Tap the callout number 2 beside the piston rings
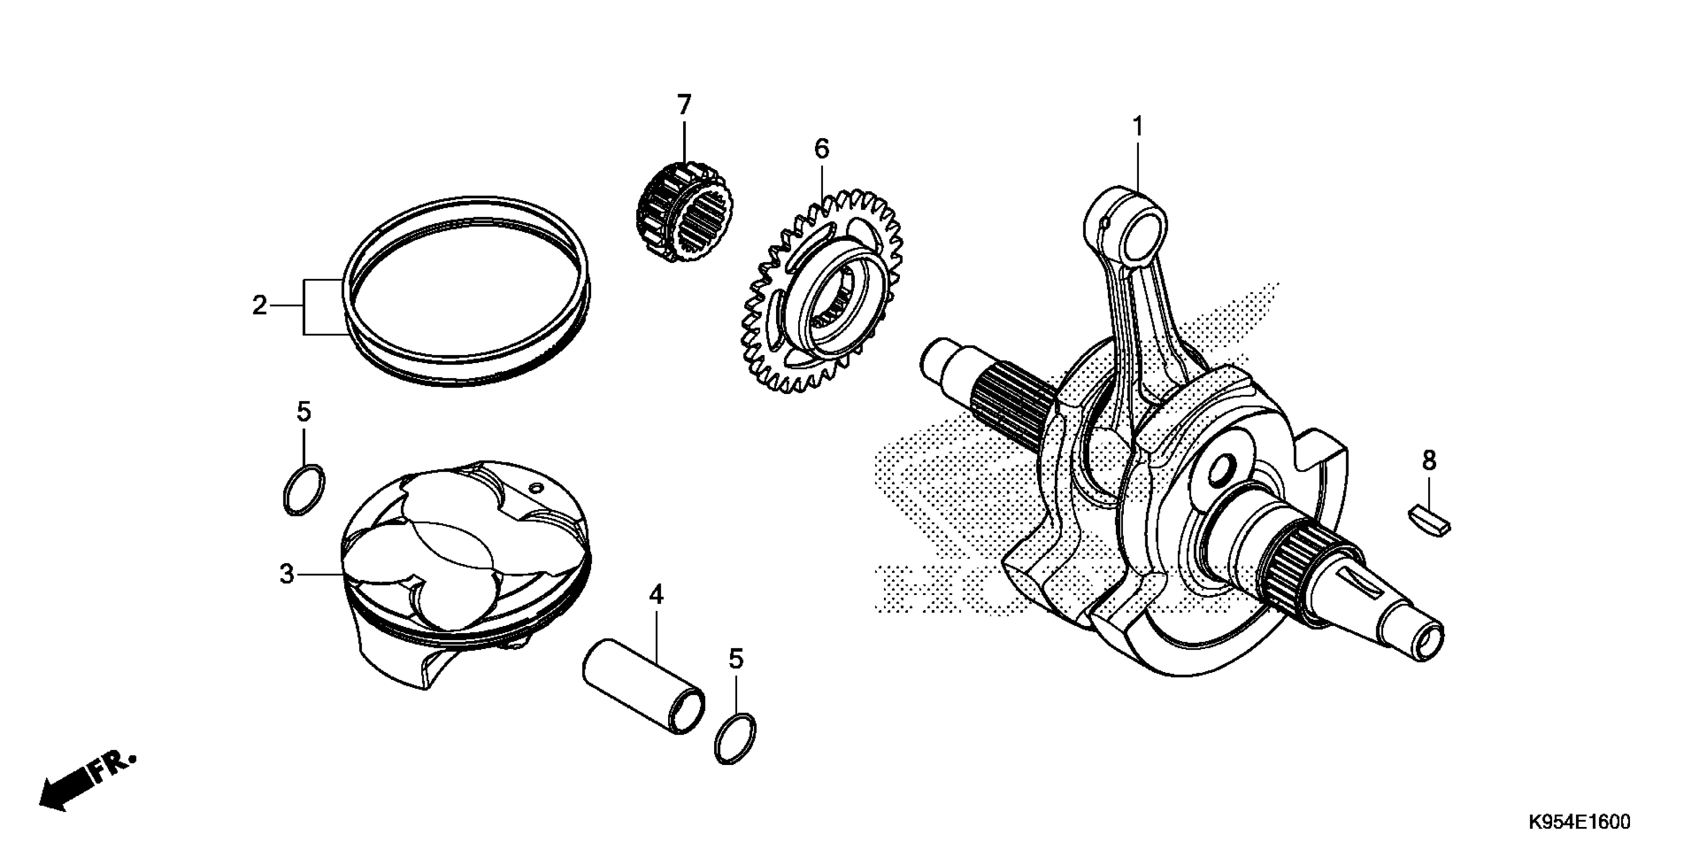pyautogui.click(x=259, y=305)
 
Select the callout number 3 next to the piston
pyautogui.click(x=286, y=574)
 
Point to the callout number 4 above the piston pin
pyautogui.click(x=656, y=594)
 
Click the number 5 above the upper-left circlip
pyautogui.click(x=303, y=412)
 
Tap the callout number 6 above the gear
pyautogui.click(x=821, y=149)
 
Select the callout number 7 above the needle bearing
pyautogui.click(x=684, y=105)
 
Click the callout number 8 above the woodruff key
pyautogui.click(x=1429, y=460)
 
